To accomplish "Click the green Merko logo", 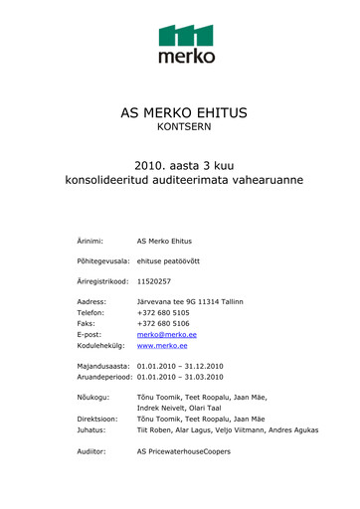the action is click(186, 45).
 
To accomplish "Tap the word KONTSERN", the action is click(184, 127).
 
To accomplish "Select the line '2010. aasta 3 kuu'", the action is click(185, 166).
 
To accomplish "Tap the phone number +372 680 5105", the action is click(163, 312).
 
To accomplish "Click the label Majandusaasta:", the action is click(104, 366).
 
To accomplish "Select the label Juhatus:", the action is click(91, 430).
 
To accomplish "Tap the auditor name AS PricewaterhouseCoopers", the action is click(183, 451).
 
